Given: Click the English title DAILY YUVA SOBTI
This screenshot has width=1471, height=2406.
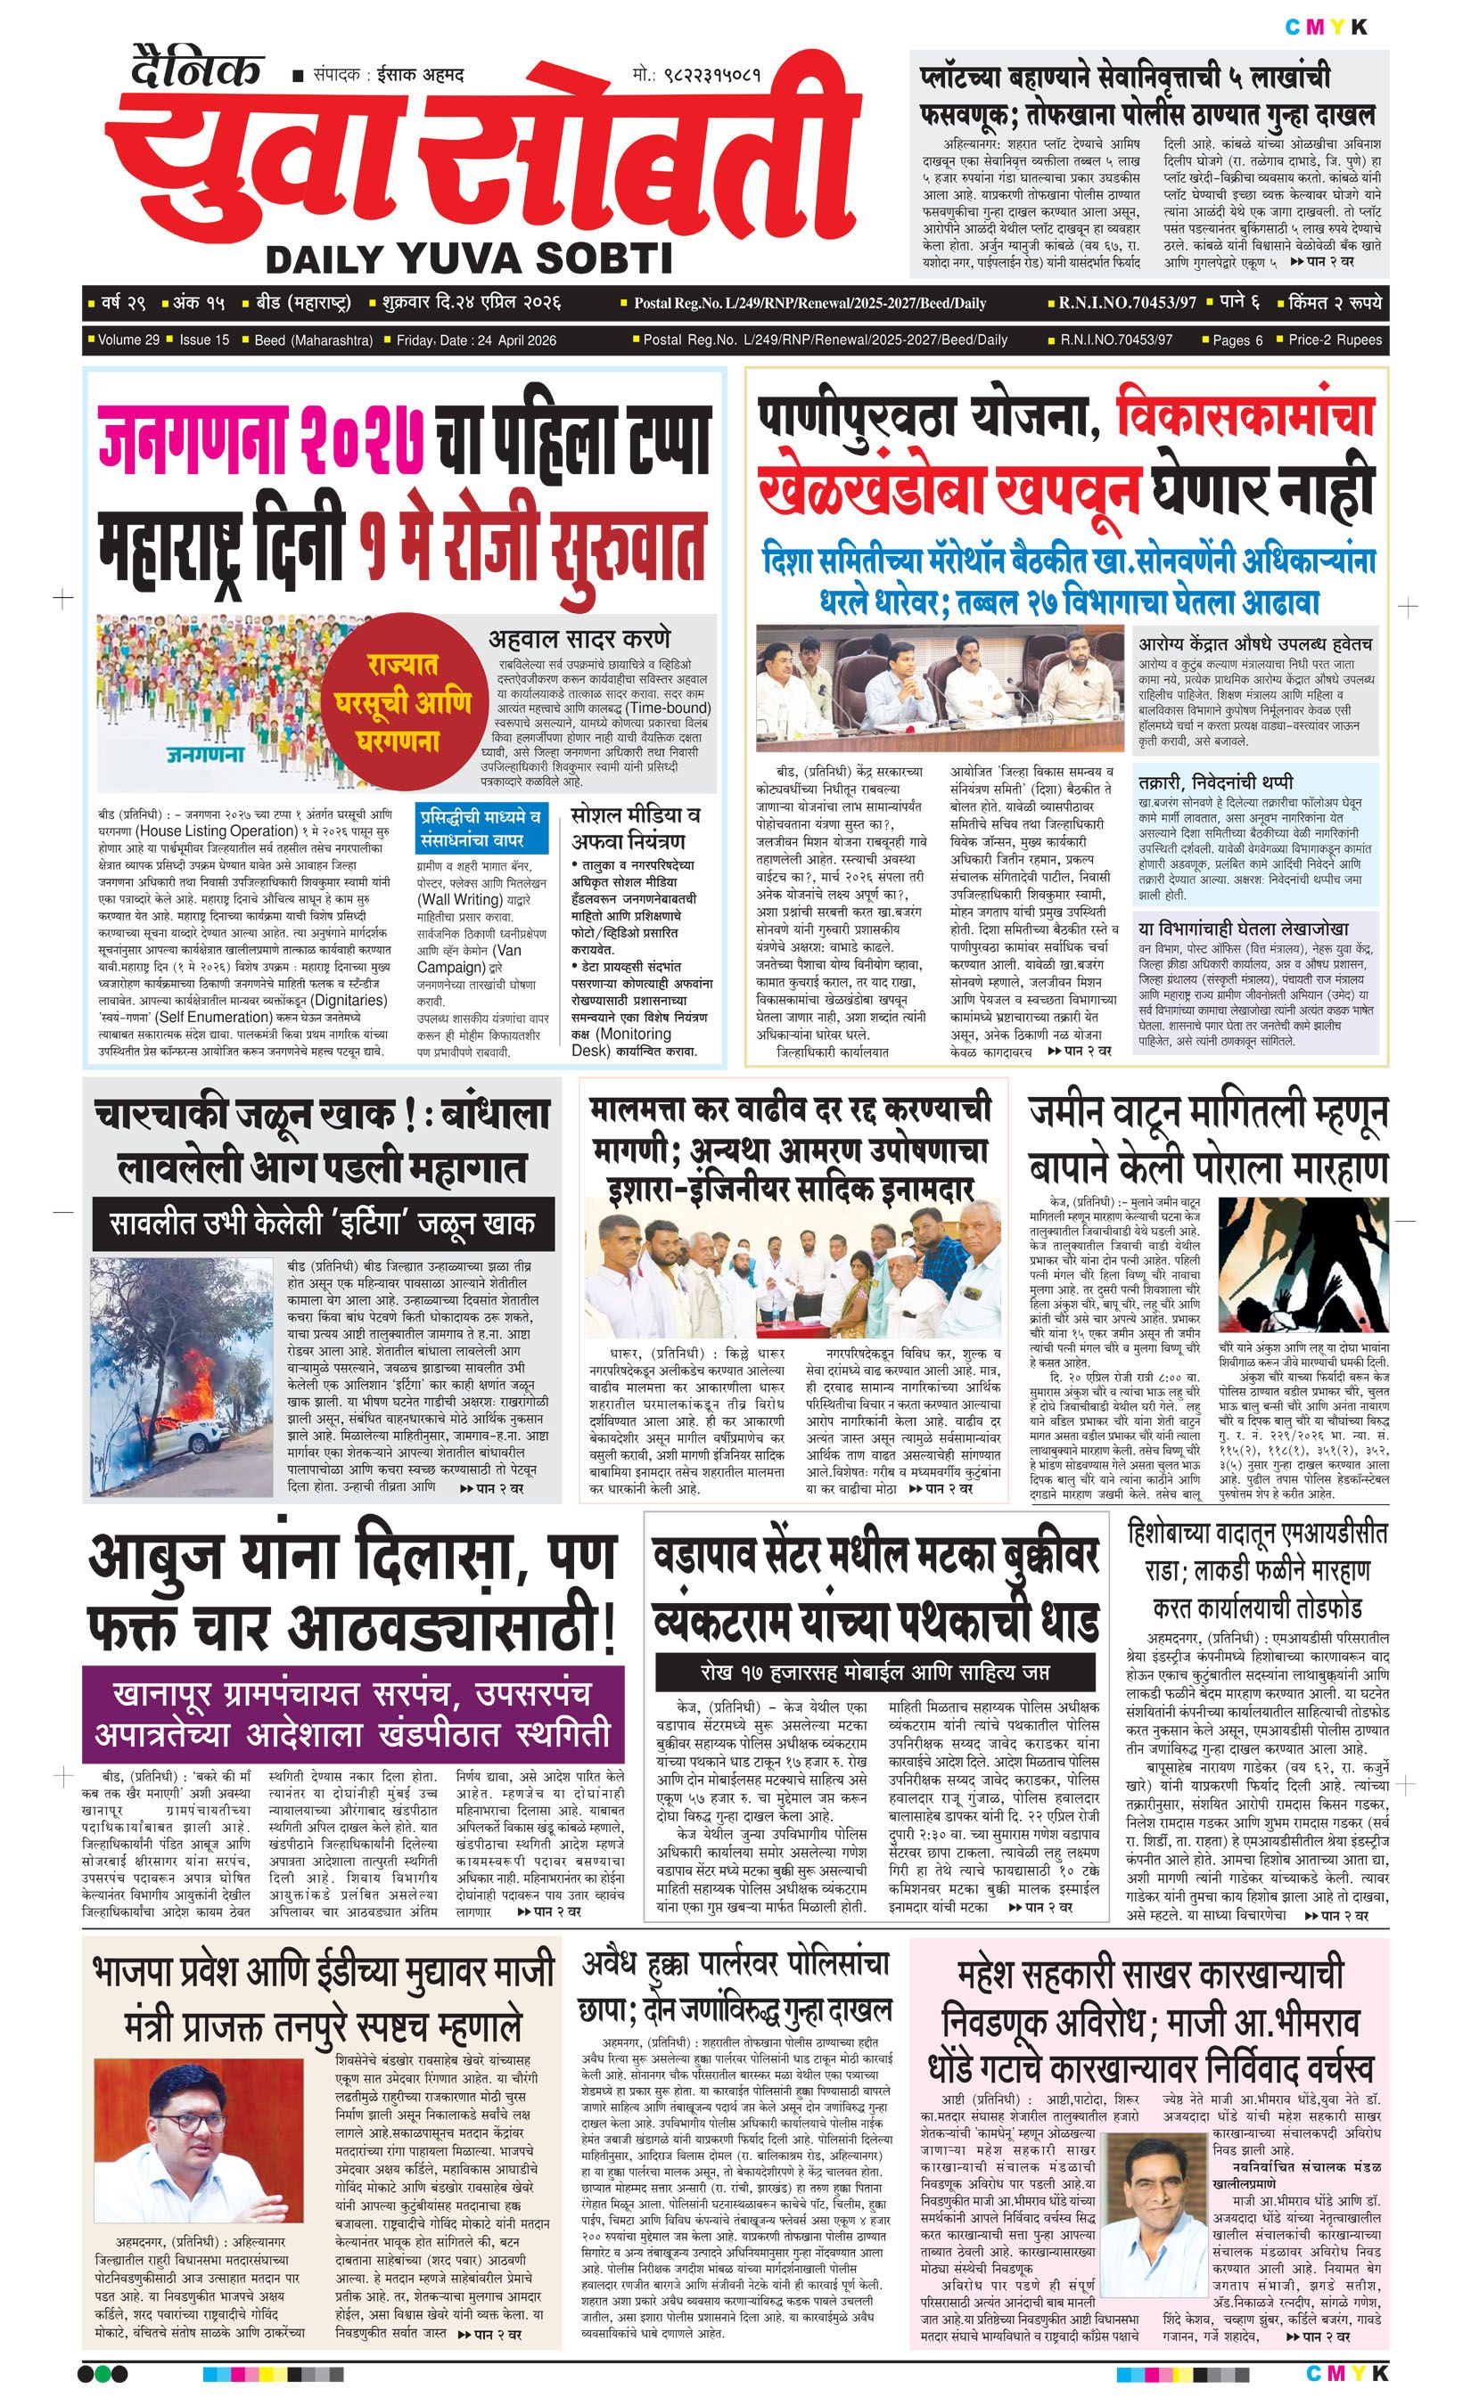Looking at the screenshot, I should (469, 258).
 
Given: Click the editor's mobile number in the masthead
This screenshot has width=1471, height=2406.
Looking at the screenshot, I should (695, 74).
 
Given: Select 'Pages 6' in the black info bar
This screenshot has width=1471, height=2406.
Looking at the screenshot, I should (1237, 340).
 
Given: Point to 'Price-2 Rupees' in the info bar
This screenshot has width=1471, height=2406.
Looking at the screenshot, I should (1335, 340).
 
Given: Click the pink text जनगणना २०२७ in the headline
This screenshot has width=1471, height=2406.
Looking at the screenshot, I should (262, 442).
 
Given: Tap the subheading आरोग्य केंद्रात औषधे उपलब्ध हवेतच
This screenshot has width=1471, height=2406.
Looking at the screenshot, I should (1255, 643).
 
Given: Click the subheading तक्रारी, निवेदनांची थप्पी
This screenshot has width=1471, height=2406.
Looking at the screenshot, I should (1215, 782).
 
